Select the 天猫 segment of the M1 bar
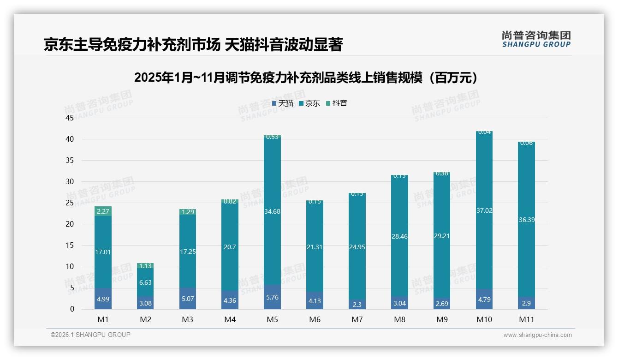[103, 299]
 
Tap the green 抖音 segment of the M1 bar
[103, 211]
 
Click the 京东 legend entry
[309, 103]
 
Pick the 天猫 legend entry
[283, 103]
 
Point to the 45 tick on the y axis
[70, 118]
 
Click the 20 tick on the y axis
[70, 224]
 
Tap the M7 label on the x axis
[357, 319]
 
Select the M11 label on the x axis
[526, 319]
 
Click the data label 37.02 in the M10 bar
[484, 210]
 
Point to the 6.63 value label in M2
[145, 283]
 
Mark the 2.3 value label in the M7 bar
[357, 305]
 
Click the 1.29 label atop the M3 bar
[188, 212]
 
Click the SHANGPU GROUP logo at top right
[536, 39]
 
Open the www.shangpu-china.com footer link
[537, 335]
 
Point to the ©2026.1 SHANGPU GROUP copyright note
[90, 335]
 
